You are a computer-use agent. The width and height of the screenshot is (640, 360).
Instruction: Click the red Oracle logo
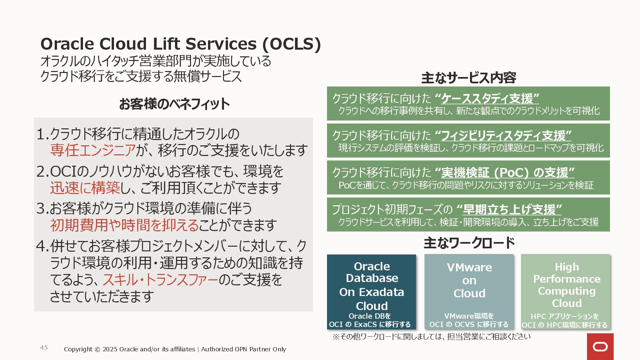coord(600,347)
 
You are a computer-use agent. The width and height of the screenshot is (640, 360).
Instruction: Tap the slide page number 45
coord(44,348)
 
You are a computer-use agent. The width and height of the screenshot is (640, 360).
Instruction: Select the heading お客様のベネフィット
coord(174,104)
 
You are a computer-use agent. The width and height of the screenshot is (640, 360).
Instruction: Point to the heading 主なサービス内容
coord(469,78)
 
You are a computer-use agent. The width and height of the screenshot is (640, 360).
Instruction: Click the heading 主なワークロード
coord(469,243)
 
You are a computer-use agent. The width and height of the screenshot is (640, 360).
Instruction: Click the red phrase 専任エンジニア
coord(93,150)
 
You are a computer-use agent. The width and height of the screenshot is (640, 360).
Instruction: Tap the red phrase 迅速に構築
coord(85,188)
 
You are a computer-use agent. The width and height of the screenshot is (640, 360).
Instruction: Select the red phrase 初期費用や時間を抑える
coord(124,225)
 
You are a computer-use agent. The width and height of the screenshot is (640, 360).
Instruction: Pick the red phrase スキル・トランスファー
coord(160,280)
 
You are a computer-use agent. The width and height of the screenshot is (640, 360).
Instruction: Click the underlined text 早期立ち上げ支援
coord(509,210)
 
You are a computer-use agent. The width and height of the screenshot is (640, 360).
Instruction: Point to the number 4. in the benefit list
coord(42,246)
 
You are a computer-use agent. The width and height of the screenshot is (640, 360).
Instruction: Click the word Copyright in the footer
coord(78,349)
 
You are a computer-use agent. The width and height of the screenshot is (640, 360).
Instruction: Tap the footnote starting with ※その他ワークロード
coord(431,337)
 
